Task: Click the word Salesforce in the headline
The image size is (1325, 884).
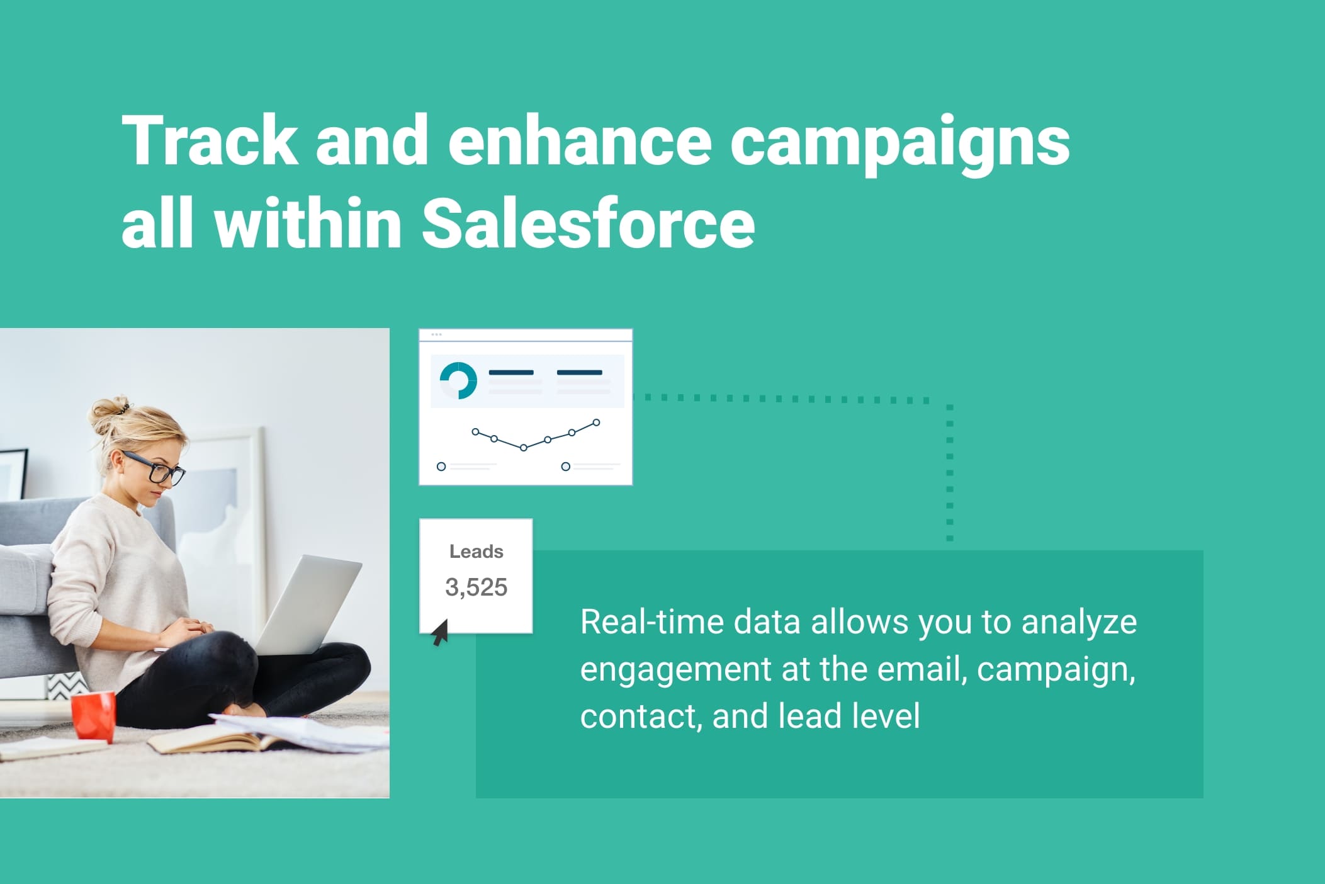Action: [x=588, y=223]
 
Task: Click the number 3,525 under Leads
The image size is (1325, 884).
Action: [x=476, y=587]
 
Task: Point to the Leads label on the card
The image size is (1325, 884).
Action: [x=476, y=552]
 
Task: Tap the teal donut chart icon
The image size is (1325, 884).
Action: [x=458, y=380]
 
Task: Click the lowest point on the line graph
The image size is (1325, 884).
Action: [x=523, y=448]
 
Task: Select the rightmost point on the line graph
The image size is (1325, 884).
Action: [x=596, y=422]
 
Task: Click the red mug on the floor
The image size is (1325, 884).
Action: [x=93, y=716]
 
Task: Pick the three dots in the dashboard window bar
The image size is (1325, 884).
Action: [x=436, y=334]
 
